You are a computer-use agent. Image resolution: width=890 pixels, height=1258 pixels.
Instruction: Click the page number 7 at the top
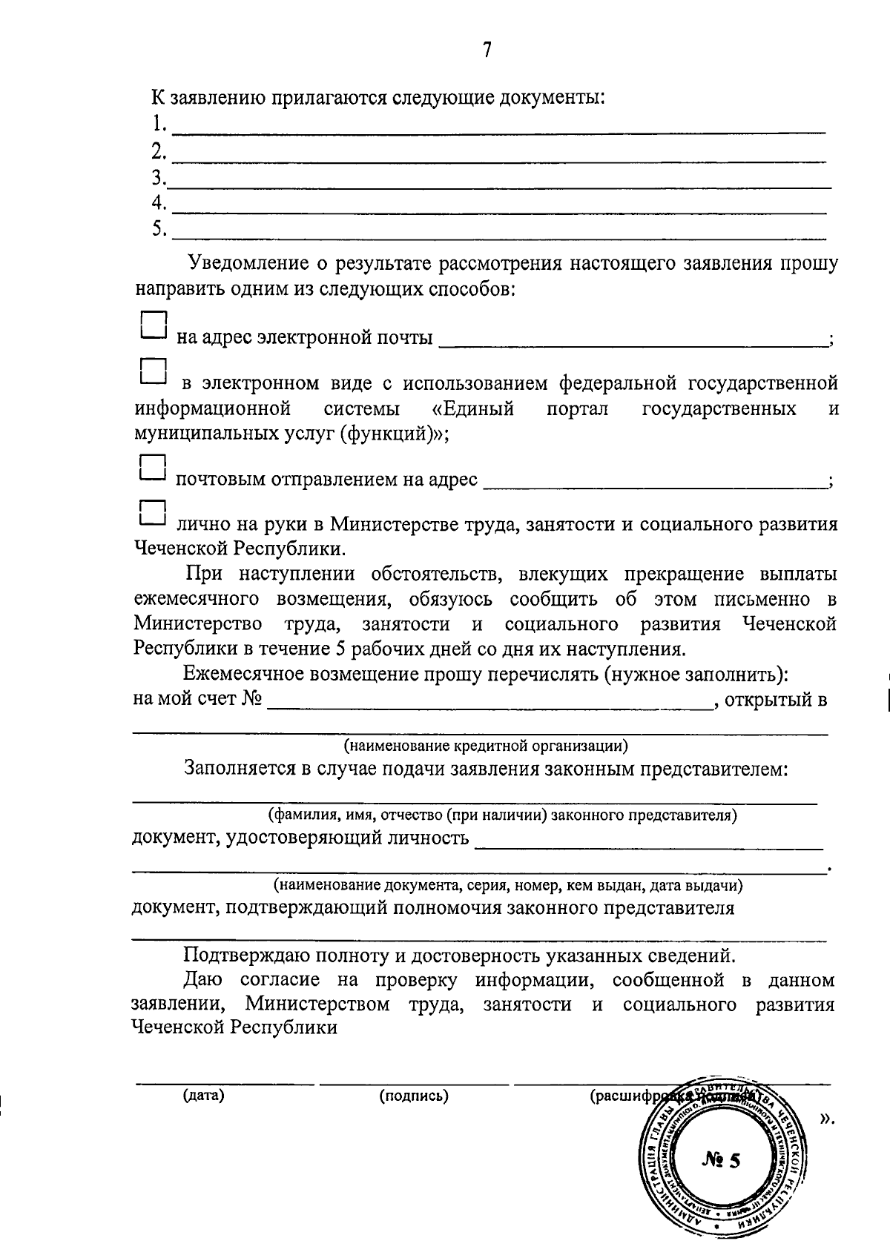(x=487, y=50)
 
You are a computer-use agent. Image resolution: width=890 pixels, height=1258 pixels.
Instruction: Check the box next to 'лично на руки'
(x=153, y=514)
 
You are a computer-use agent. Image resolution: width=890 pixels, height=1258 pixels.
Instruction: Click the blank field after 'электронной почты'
(x=634, y=340)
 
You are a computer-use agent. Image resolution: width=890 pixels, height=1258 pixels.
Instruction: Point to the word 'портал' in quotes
(x=577, y=409)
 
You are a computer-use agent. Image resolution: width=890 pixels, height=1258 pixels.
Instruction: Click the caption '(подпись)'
(x=414, y=1096)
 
